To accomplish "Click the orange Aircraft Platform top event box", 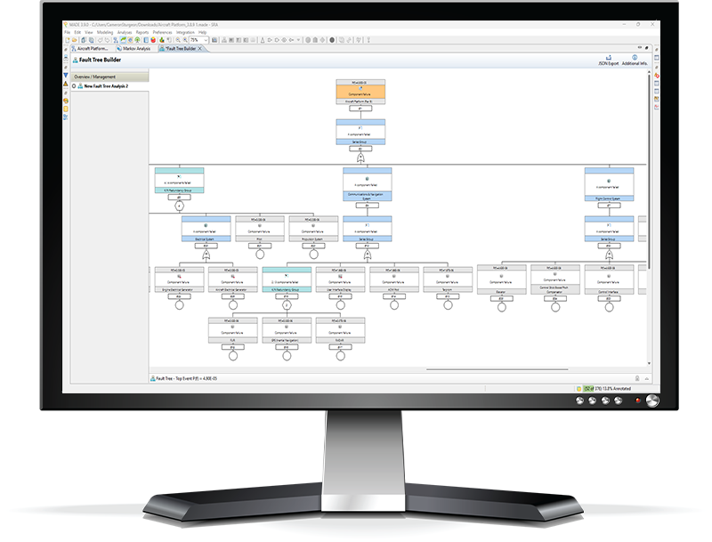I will pos(360,92).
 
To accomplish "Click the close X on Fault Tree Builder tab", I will pos(200,48).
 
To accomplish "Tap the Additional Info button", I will pos(635,61).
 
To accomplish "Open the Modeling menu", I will pos(105,32).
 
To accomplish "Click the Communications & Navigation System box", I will pos(367,186).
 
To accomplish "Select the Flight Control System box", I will pos(609,186).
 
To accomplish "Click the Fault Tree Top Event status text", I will pos(192,378).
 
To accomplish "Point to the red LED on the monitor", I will pos(637,401).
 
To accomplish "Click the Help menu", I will pos(202,32).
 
